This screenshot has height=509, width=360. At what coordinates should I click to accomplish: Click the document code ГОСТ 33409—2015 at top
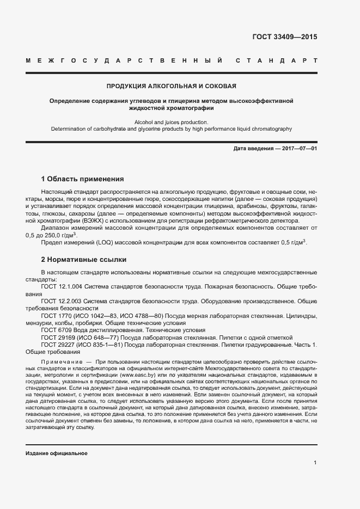point(284,38)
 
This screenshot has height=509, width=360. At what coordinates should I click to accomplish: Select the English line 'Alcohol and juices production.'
point(172,122)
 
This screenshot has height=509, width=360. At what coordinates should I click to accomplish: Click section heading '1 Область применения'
point(83,179)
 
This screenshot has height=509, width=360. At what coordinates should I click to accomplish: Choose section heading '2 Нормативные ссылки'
point(83,260)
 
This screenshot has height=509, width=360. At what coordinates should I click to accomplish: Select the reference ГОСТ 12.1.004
point(61,286)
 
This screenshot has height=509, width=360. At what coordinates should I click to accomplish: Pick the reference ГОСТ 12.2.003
point(61,301)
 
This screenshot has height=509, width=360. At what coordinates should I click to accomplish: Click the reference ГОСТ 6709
point(54,330)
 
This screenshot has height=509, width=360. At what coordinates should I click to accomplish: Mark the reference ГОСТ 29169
point(56,338)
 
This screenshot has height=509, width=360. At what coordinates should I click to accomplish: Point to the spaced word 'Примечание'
point(59,361)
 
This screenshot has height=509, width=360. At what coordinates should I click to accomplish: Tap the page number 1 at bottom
point(315,463)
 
